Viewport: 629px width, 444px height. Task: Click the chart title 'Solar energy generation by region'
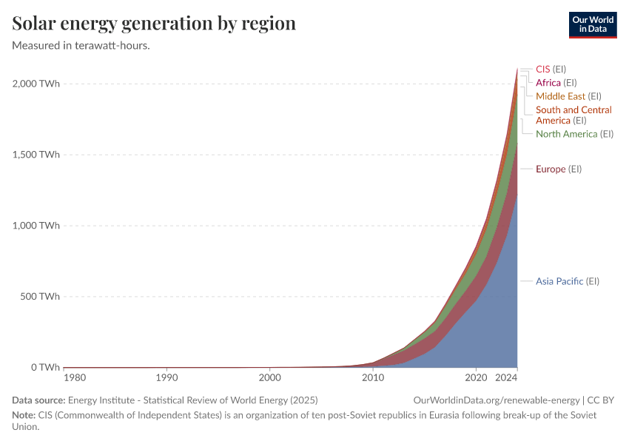click(x=154, y=24)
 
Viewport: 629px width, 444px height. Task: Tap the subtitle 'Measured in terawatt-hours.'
click(x=81, y=45)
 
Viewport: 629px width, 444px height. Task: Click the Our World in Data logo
click(x=593, y=24)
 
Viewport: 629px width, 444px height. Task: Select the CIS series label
click(x=551, y=69)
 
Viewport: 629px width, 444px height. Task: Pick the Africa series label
click(x=556, y=83)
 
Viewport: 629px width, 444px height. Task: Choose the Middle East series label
click(x=568, y=96)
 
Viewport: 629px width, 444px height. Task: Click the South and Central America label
click(x=573, y=115)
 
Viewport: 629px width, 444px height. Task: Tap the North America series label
click(x=575, y=134)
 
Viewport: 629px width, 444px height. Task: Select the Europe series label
click(x=559, y=169)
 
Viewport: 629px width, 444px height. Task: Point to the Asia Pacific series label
click(x=567, y=281)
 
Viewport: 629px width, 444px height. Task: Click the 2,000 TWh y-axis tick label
click(x=36, y=84)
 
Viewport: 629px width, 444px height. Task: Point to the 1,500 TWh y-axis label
click(x=36, y=155)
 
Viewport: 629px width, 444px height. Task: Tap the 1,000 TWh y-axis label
click(x=36, y=226)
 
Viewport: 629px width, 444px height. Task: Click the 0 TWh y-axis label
click(x=45, y=368)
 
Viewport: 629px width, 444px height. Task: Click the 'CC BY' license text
click(x=602, y=400)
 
